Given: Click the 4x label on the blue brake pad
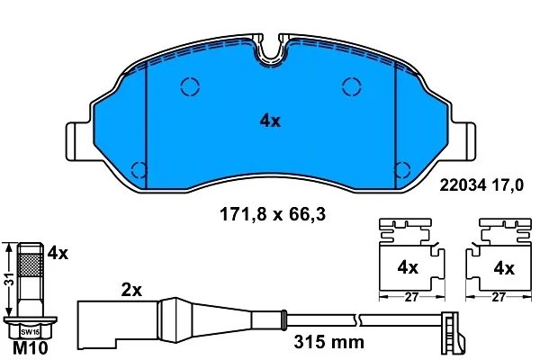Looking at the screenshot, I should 270,121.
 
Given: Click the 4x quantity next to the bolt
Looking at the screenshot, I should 58,254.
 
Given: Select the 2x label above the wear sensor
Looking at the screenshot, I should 132,290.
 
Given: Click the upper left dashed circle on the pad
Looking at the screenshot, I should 190,86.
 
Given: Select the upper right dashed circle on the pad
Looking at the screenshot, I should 351,86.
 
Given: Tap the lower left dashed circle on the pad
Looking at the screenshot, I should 139,168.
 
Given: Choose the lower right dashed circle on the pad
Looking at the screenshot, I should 401,168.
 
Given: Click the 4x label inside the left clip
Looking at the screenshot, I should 408,267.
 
